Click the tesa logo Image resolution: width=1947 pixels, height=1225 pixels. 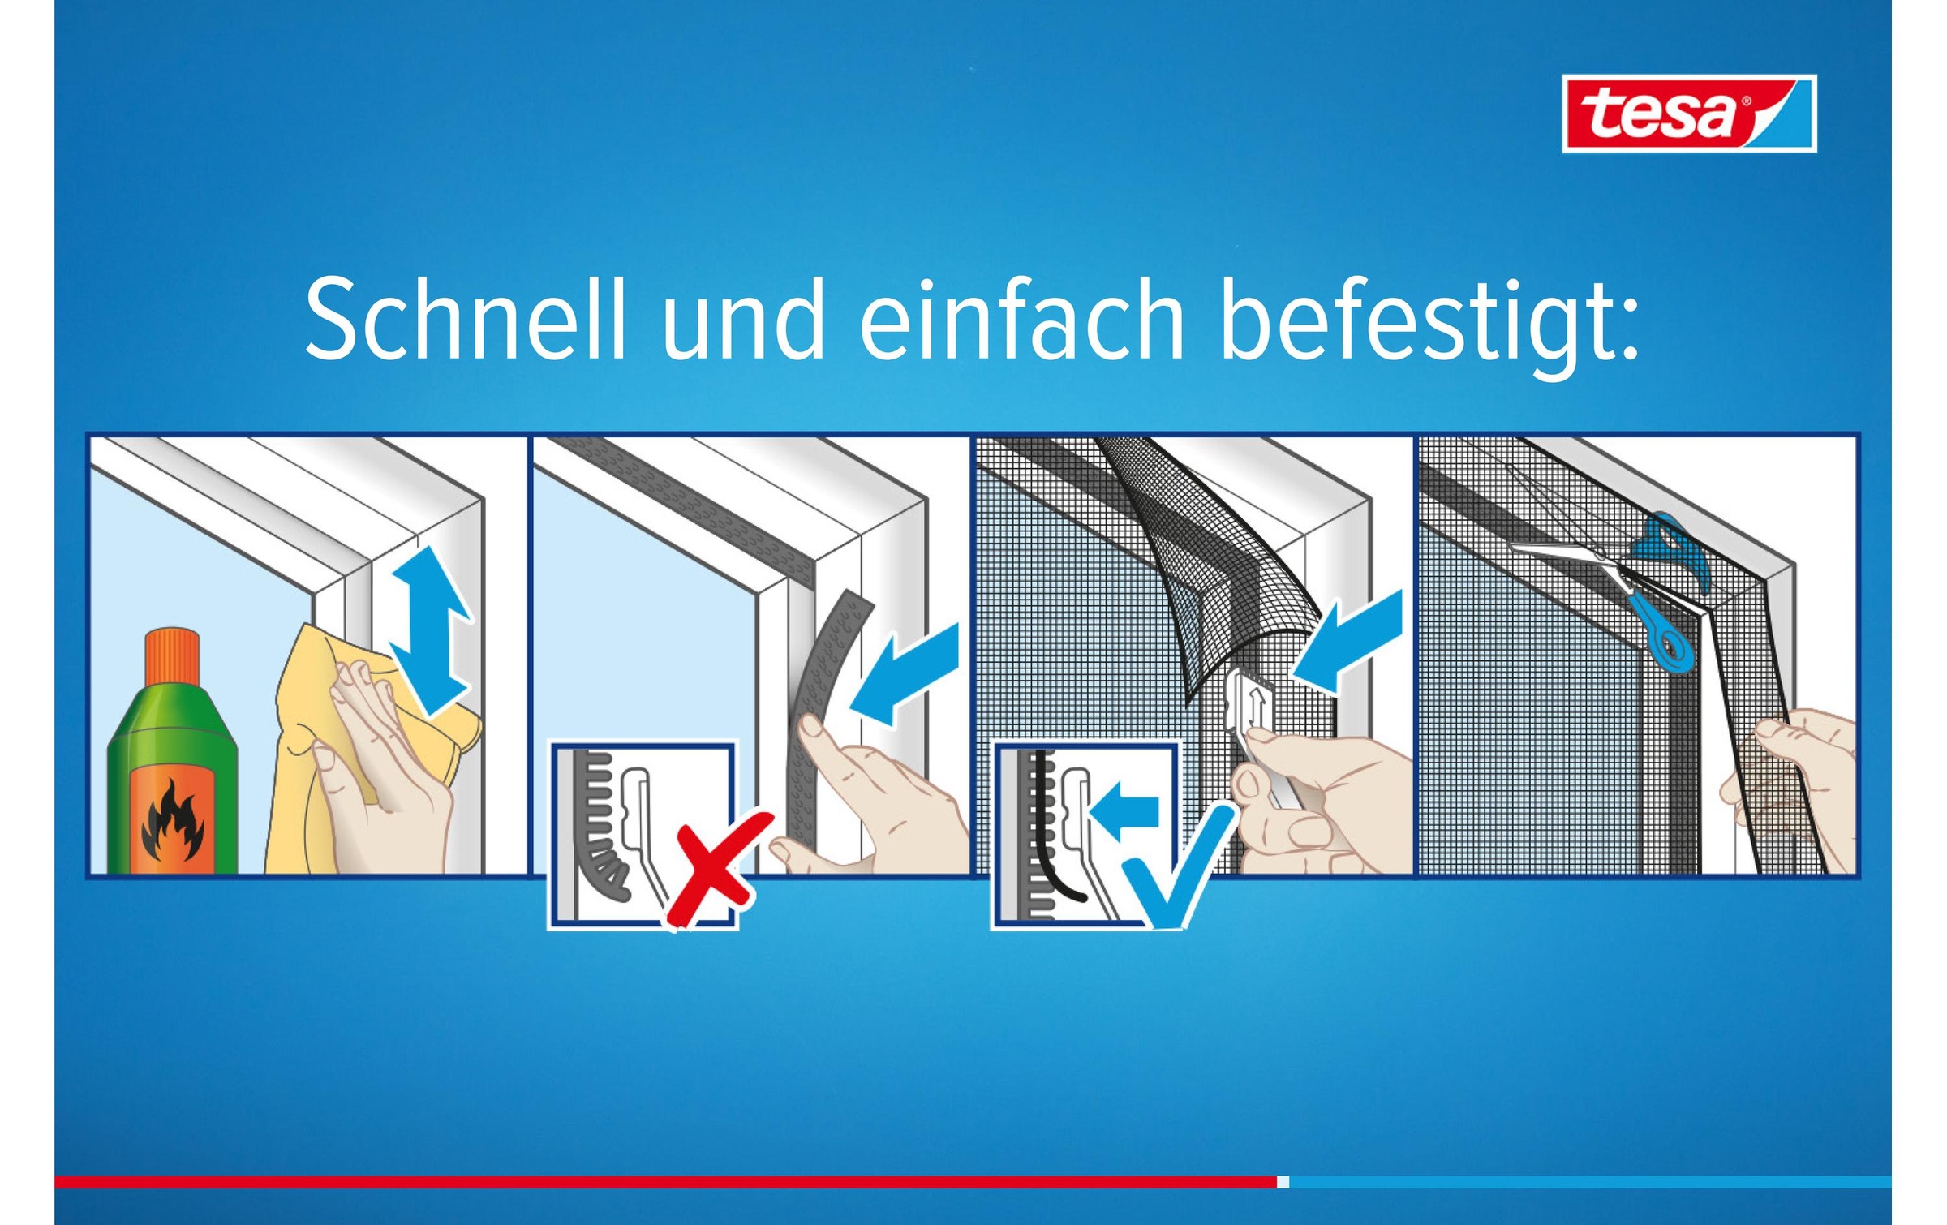coord(1689,114)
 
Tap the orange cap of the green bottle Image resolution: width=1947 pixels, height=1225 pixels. coord(173,655)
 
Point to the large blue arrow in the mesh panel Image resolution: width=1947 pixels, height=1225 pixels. coord(1347,641)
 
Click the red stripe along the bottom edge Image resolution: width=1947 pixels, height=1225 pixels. coord(665,1182)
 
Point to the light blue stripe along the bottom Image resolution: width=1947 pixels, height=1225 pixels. coord(1590,1182)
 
